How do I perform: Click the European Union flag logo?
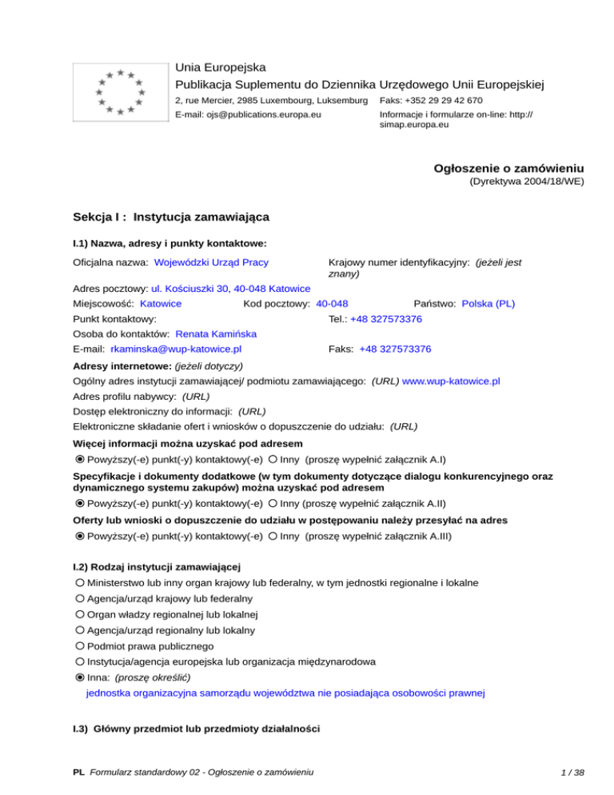(119, 94)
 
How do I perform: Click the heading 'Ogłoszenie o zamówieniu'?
(508, 169)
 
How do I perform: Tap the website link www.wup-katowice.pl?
(452, 382)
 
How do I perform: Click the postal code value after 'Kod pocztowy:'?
(332, 304)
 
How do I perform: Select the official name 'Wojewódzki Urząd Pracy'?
(211, 262)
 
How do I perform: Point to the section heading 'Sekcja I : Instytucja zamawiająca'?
(171, 216)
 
